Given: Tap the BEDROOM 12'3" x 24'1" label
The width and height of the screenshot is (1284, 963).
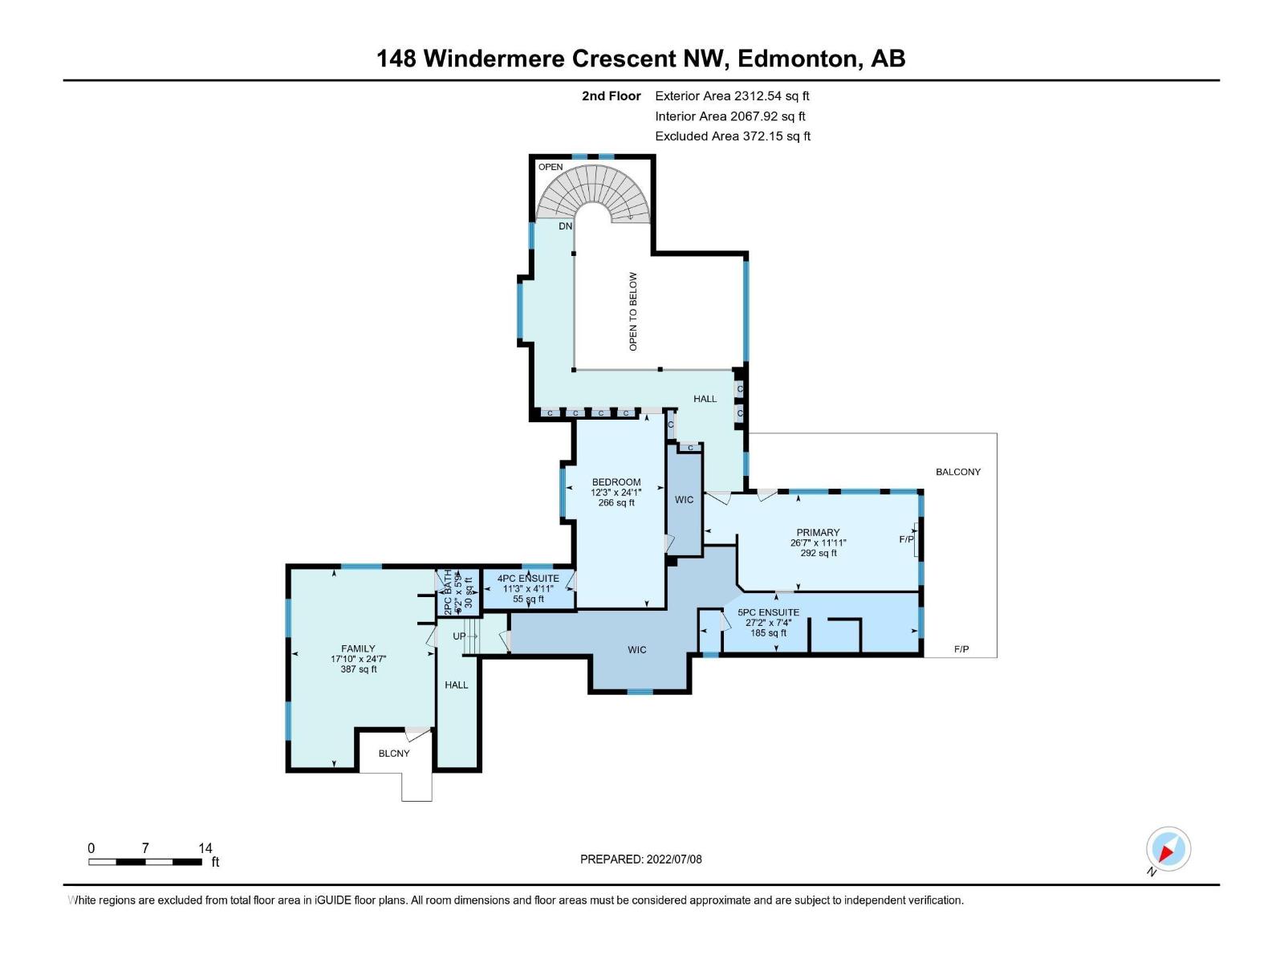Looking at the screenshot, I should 616,492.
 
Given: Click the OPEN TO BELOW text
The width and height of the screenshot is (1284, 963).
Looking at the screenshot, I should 633,311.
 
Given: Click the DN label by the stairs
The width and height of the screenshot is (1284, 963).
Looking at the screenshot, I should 566,226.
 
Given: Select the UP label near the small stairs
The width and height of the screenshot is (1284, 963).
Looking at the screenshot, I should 459,636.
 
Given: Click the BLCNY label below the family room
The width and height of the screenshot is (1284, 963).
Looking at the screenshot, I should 394,754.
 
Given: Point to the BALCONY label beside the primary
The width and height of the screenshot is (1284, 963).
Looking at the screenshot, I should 957,472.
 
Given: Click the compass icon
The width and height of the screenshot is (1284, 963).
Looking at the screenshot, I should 1168,849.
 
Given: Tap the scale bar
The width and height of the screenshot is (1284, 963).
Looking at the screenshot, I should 145,862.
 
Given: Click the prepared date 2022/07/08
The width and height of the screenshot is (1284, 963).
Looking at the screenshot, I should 640,859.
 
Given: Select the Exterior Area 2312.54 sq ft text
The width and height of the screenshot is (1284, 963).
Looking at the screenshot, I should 732,95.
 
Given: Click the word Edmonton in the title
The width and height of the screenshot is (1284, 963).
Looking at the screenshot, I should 798,59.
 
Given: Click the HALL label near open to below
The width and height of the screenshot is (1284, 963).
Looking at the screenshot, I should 705,399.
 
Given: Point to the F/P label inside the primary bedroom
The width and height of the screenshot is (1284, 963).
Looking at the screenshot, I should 905,539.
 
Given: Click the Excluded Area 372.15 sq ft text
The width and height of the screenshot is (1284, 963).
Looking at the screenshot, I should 732,136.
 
